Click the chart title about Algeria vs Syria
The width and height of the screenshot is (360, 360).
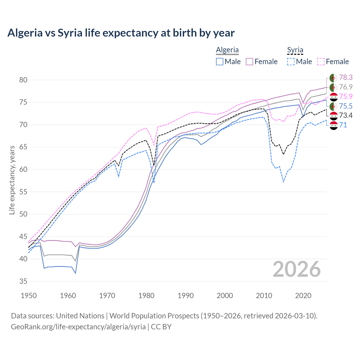tap(121, 33)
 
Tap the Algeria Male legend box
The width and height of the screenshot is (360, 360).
tap(220, 62)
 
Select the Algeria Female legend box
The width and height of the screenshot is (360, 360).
tap(249, 62)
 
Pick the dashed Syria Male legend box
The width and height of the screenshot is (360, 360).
tap(291, 62)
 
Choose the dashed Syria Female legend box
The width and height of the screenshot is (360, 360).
tap(321, 62)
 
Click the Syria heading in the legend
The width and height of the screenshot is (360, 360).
tap(295, 50)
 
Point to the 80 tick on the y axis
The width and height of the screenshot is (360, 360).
tap(23, 80)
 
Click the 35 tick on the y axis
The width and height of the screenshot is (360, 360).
tap(23, 281)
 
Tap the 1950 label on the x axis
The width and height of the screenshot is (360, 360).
tap(29, 296)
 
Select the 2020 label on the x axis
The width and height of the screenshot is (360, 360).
tap(303, 296)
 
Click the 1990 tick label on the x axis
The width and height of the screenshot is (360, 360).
tap(186, 296)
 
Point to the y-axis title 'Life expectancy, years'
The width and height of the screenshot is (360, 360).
tap(12, 180)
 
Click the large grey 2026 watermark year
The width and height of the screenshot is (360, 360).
tap(296, 269)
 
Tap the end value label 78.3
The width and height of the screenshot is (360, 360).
tap(346, 77)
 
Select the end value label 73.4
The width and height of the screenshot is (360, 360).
tap(346, 115)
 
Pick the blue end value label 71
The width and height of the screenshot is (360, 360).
tap(343, 125)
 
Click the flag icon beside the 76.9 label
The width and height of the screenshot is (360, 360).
tap(334, 87)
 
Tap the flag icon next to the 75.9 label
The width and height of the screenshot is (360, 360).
tap(334, 97)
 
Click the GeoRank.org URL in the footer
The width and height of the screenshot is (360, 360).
tap(78, 327)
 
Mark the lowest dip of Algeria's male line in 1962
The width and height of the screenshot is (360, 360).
tap(75, 273)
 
